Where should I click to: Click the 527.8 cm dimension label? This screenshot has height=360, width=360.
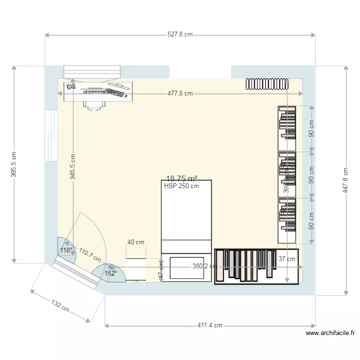click(180, 35)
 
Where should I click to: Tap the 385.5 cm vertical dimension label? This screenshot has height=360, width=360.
click(14, 165)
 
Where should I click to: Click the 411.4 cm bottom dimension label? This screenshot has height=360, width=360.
click(210, 325)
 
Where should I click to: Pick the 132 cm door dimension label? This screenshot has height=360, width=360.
click(60, 306)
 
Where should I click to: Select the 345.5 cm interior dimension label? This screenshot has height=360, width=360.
click(72, 167)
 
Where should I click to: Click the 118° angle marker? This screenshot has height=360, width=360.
click(66, 250)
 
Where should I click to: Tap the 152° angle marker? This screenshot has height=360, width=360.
click(111, 273)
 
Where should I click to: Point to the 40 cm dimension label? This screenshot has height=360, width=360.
click(136, 242)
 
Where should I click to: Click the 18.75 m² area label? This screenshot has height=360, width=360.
click(182, 179)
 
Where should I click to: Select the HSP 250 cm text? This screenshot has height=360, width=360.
click(181, 187)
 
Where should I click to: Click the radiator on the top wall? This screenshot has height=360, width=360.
click(266, 84)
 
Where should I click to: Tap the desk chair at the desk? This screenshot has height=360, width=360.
click(94, 104)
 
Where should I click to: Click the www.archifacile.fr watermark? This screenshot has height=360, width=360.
click(330, 333)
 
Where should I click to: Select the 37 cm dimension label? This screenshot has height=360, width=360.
click(287, 259)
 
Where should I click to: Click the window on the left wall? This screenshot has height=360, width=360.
click(51, 136)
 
